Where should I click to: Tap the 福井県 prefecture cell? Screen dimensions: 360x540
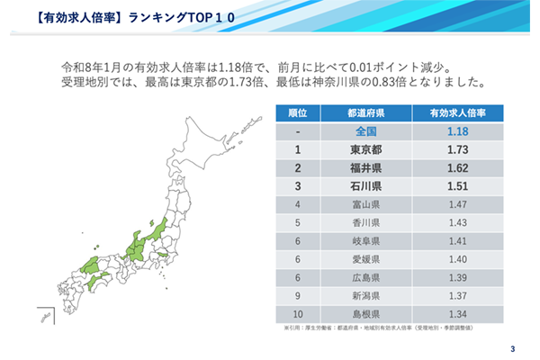click(x=365, y=166)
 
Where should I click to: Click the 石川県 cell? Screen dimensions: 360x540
click(x=365, y=186)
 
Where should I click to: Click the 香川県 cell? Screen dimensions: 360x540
click(x=365, y=222)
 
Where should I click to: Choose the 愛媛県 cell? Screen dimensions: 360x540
click(x=365, y=258)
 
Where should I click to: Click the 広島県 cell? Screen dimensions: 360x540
click(x=365, y=276)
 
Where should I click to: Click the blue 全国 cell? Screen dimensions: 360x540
click(x=365, y=130)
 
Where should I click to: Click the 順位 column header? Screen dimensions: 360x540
click(x=297, y=113)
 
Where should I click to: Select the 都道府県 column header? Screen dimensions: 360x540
click(x=365, y=113)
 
